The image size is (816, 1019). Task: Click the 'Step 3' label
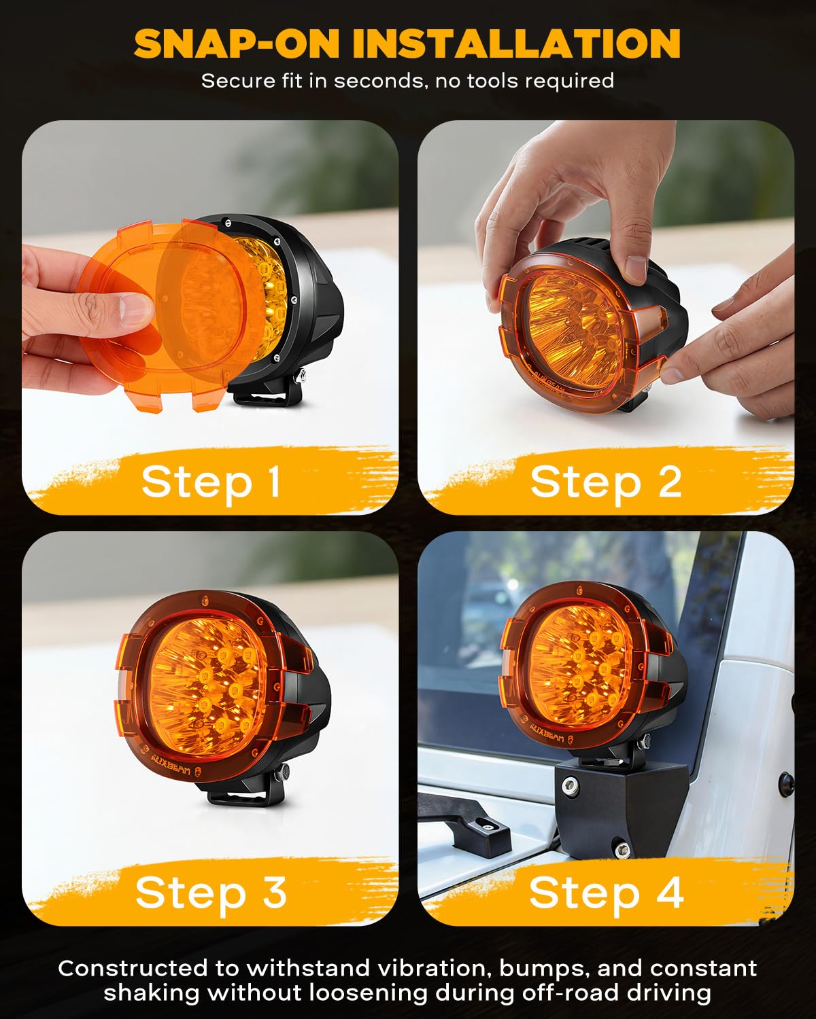(211, 891)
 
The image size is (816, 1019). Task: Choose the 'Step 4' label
(605, 891)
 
